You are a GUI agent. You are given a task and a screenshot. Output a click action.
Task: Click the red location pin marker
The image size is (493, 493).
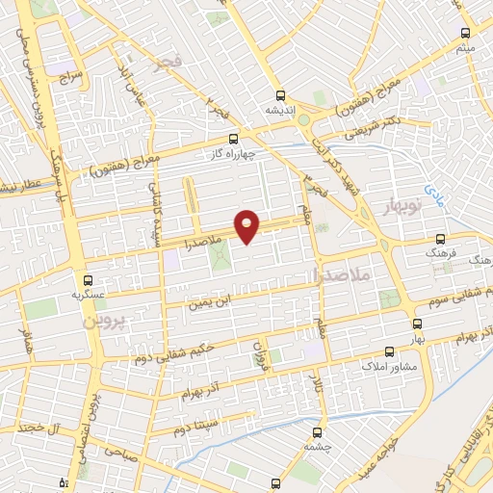[248, 225]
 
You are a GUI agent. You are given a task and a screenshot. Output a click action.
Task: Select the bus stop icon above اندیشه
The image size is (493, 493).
[280, 95]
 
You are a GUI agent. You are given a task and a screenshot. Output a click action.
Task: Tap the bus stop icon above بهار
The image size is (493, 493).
[417, 324]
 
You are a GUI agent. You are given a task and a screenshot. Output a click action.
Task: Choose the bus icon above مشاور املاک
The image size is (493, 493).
[389, 352]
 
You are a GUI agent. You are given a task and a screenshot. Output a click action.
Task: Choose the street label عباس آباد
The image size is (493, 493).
[122, 74]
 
